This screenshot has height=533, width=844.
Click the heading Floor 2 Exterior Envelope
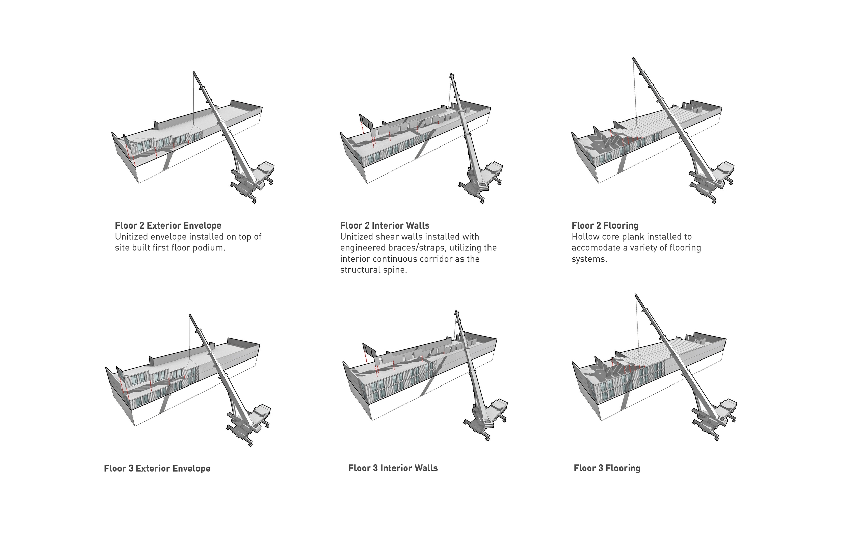click(x=168, y=226)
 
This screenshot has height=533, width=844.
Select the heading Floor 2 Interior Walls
click(x=385, y=226)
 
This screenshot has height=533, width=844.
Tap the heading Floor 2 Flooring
click(x=605, y=226)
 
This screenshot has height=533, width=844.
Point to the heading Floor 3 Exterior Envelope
click(x=157, y=469)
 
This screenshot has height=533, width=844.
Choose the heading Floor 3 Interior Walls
click(x=393, y=468)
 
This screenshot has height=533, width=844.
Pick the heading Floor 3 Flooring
click(x=607, y=468)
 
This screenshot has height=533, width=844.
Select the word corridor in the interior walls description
click(x=438, y=259)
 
